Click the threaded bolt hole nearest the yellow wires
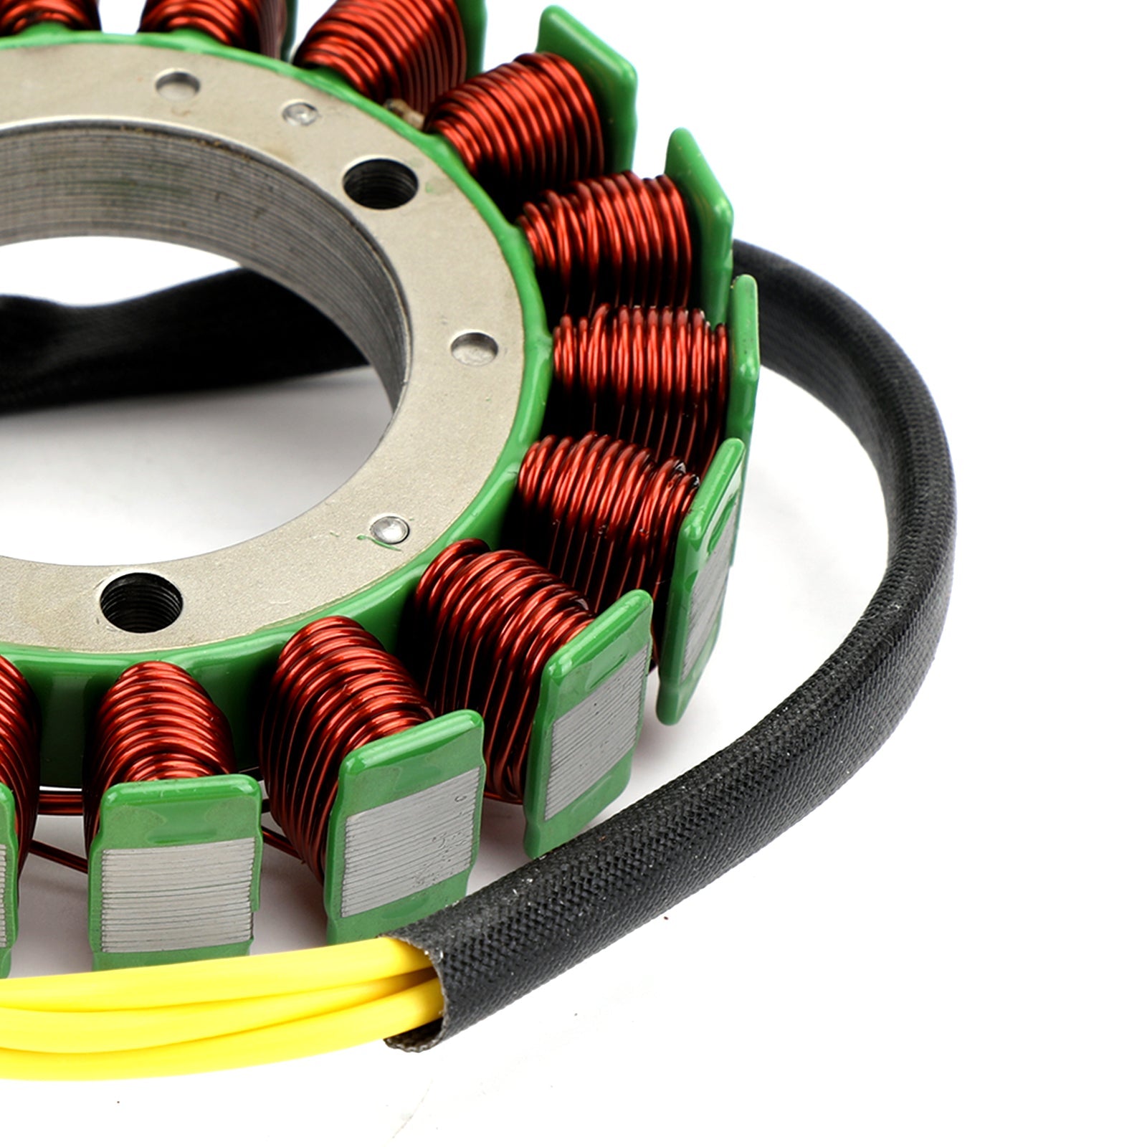(141, 601)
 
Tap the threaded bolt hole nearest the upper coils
(381, 184)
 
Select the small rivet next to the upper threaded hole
(300, 113)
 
